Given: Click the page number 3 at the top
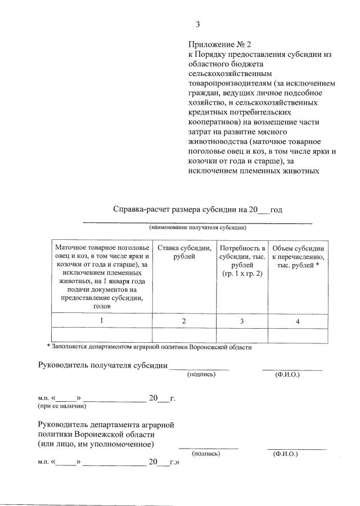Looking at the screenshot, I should coord(197,24).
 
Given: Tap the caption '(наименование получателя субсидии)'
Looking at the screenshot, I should coord(197,228).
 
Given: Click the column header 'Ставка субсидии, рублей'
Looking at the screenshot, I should coord(184,252).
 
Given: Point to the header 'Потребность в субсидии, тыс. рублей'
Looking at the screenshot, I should coord(242,256).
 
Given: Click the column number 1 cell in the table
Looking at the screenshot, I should coord(102,320).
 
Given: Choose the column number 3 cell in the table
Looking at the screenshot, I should coord(242,321).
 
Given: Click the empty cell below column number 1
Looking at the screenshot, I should coord(102,335).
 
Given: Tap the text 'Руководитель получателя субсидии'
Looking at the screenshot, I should coord(103,365).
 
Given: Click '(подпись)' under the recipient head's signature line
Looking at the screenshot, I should coord(201,374).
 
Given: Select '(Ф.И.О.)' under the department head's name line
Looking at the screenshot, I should coord(285,453).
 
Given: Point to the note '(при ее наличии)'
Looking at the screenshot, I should coord(62,405).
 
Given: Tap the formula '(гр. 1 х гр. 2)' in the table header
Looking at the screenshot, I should coord(242,273).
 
